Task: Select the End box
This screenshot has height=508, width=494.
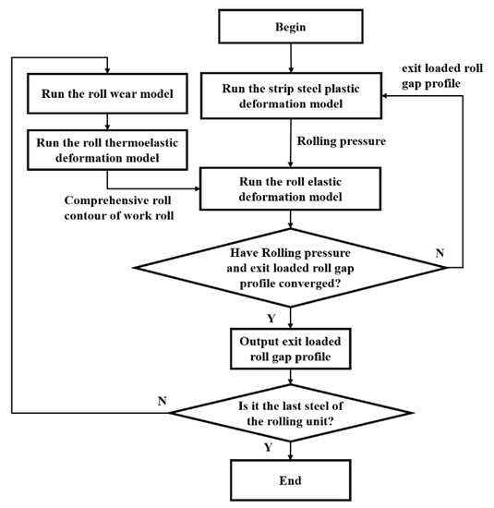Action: [x=291, y=480]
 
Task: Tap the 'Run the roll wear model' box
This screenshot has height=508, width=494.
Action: [x=108, y=94]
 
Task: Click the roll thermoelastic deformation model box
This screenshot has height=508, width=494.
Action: [x=108, y=148]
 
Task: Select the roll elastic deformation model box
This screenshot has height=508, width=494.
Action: [x=291, y=189]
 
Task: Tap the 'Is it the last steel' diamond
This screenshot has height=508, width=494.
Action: [x=291, y=410]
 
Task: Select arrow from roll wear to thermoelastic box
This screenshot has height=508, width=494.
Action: [x=108, y=118]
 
